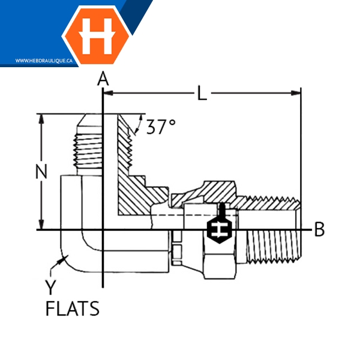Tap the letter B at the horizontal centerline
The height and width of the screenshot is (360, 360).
tap(319, 229)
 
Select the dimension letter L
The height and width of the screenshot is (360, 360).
tap(202, 93)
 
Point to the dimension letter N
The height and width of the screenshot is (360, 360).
tap(41, 171)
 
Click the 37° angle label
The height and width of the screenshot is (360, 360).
tap(161, 127)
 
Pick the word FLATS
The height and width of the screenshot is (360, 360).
tap(73, 308)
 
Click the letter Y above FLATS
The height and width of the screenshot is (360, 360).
tap(50, 287)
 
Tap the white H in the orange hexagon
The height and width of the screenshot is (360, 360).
tap(97, 36)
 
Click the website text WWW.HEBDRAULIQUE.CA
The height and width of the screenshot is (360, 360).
tap(44, 61)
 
